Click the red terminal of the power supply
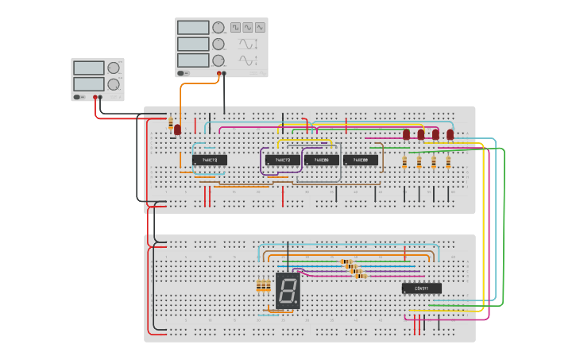(95, 97)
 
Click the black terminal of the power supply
(101, 97)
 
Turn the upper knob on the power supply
(114, 68)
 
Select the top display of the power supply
(88, 68)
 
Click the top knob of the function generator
(218, 28)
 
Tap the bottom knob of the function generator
(218, 60)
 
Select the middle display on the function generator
(193, 44)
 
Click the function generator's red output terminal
(218, 74)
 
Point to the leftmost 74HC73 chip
(210, 160)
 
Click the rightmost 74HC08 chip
(361, 160)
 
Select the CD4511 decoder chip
(421, 288)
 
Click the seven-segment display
(288, 291)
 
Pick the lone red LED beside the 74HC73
(178, 128)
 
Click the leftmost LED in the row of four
(406, 134)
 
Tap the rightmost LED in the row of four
(450, 134)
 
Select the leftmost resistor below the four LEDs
(405, 163)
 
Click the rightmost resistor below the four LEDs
(448, 163)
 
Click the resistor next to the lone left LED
(170, 123)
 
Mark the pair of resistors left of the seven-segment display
(263, 285)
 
